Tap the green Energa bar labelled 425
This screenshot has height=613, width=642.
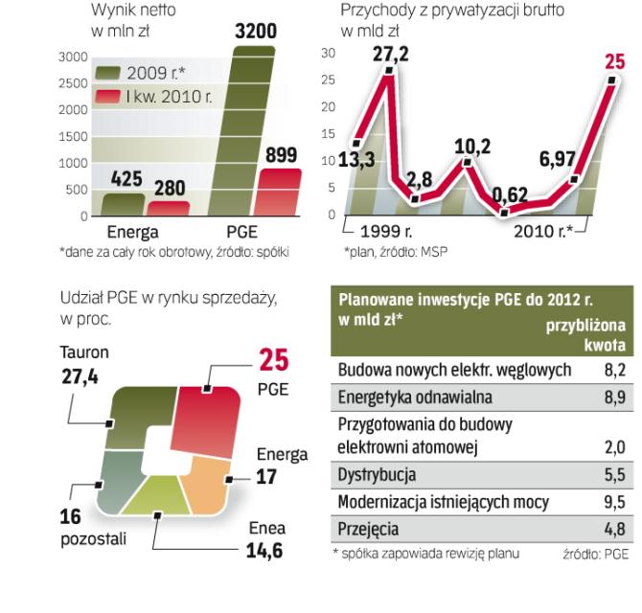[x=124, y=205]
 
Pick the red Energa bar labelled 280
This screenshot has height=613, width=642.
[x=168, y=209]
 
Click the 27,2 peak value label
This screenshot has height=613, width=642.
[x=390, y=55]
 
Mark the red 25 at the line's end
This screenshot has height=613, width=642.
[x=614, y=63]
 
